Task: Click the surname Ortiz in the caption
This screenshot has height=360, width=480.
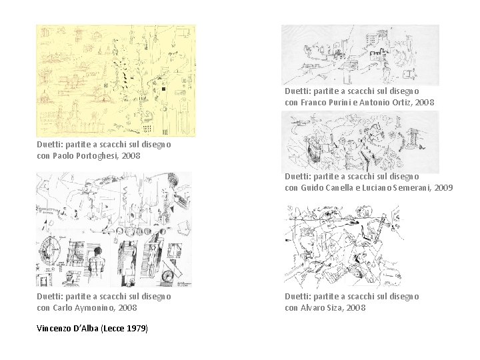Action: click(401, 102)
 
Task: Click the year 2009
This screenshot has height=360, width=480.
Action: click(443, 187)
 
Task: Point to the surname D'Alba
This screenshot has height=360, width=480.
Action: click(86, 329)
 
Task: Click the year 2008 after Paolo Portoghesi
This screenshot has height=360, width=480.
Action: click(131, 156)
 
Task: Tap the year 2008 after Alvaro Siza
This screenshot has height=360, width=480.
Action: click(356, 307)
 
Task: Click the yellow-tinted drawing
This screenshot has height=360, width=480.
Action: click(116, 81)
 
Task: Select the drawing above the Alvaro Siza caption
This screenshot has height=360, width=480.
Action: click(343, 247)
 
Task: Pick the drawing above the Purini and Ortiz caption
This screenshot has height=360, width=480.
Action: click(360, 55)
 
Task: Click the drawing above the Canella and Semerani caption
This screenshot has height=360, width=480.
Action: click(360, 143)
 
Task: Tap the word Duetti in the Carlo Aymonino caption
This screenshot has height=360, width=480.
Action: click(49, 296)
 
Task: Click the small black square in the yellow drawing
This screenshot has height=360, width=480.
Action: click(163, 89)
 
